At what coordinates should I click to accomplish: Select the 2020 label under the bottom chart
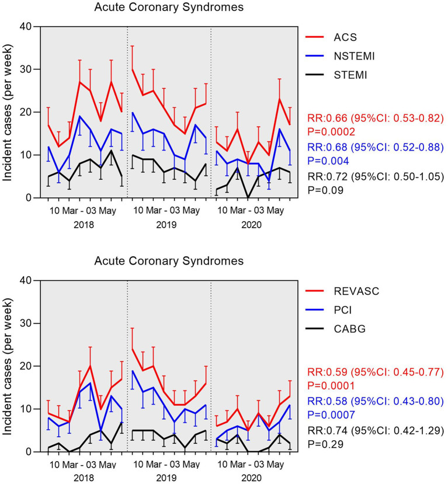click(x=252, y=478)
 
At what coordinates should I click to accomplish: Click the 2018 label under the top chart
click(x=85, y=225)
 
